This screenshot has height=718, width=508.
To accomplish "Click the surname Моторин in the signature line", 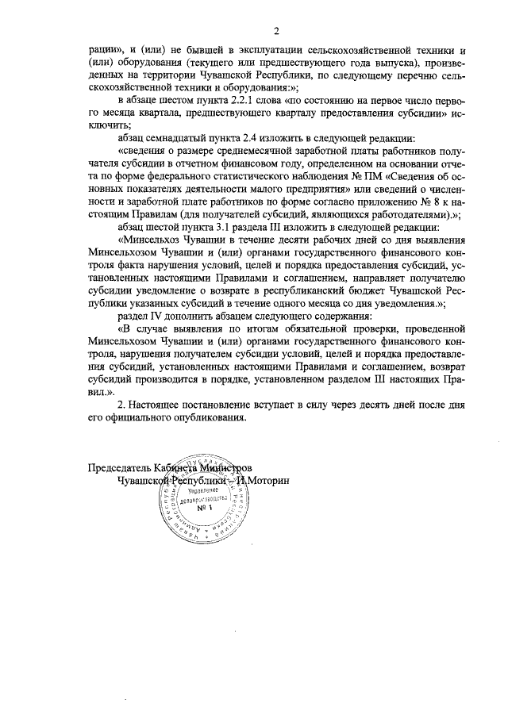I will (x=267, y=481).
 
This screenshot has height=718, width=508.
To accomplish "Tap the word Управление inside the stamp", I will (x=202, y=491).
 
